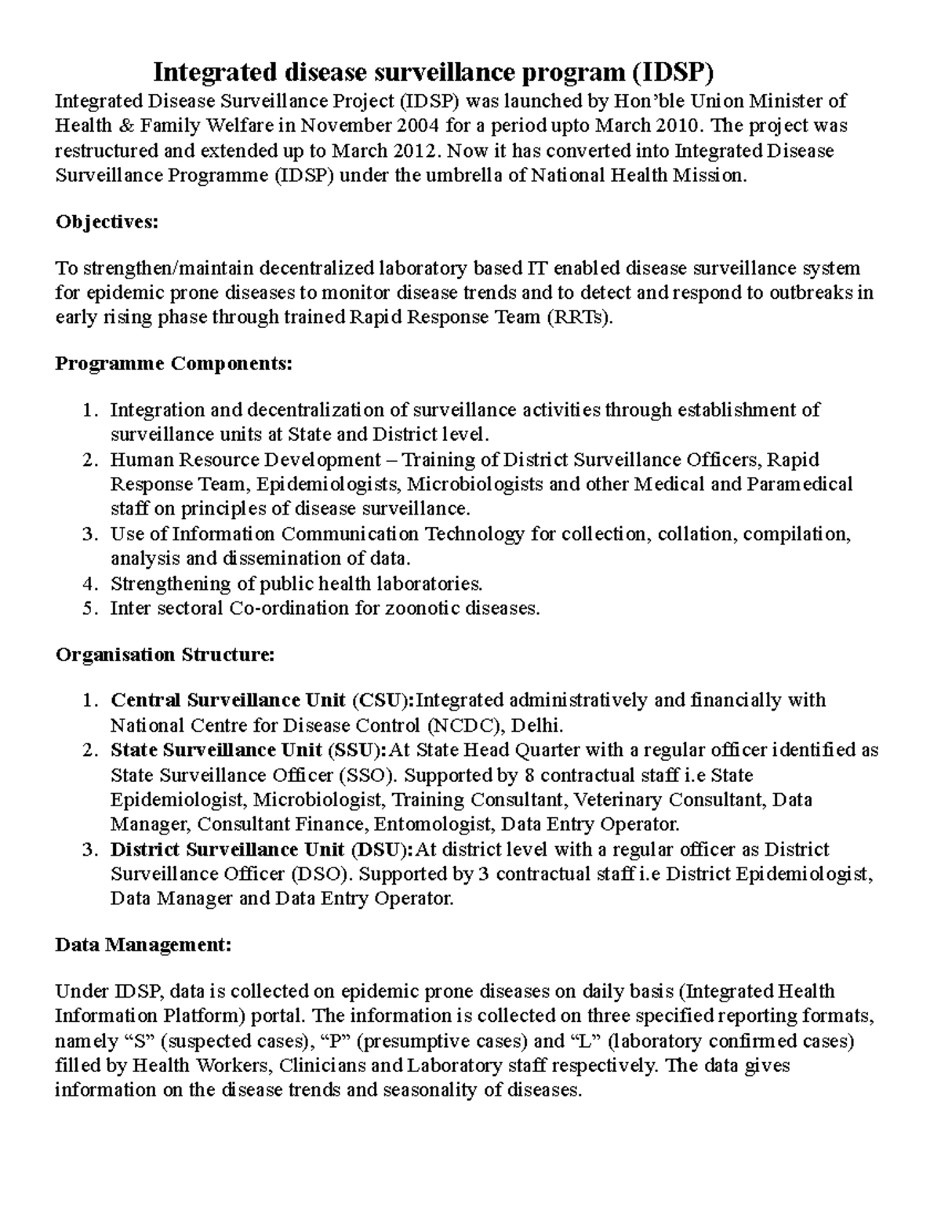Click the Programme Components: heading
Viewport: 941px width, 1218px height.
[x=173, y=364]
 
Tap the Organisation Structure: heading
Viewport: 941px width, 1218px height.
[x=165, y=655]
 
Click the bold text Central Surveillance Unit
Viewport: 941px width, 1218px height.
[x=227, y=700]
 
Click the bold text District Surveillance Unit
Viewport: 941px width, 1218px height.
[x=227, y=850]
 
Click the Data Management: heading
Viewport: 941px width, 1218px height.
[x=144, y=945]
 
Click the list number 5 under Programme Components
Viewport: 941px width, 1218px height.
[x=89, y=609]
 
